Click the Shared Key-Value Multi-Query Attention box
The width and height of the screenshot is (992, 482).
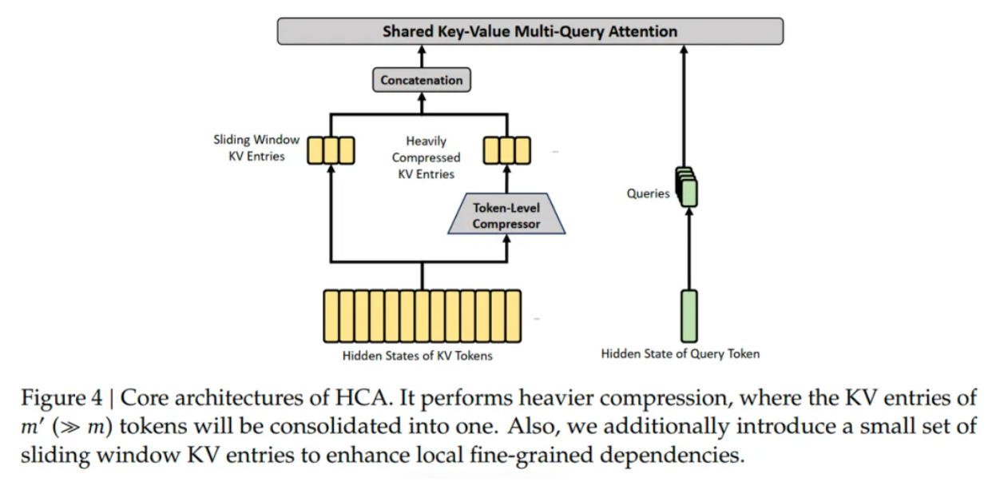click(530, 31)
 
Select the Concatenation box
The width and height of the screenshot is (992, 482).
click(422, 80)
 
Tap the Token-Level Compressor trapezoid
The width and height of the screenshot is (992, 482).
click(506, 213)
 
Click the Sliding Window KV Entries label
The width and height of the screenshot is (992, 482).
click(256, 148)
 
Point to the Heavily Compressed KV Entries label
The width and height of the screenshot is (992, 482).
click(426, 157)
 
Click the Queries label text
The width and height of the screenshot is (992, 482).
click(648, 193)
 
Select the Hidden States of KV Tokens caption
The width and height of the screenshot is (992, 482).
click(417, 356)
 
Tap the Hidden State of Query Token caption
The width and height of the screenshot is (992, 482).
click(681, 353)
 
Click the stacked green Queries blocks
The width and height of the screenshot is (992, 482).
click(686, 186)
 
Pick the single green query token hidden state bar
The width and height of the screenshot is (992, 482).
click(689, 317)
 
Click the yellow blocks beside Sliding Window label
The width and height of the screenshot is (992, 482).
click(331, 150)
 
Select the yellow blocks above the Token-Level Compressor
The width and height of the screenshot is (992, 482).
click(506, 150)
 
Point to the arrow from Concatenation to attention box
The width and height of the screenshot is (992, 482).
click(422, 56)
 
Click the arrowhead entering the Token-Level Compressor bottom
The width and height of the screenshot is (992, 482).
click(507, 239)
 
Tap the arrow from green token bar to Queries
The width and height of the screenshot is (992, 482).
click(689, 249)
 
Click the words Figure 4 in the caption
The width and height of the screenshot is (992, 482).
click(62, 398)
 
